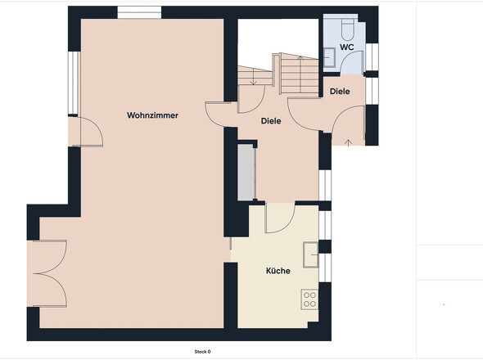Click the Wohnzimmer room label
click(152, 115)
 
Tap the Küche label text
click(278, 271)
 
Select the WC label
click(347, 47)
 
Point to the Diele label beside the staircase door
click(271, 121)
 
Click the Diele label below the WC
click(340, 91)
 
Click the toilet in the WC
click(345, 30)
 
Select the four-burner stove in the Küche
click(309, 299)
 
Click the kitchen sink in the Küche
click(311, 254)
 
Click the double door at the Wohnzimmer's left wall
click(48, 273)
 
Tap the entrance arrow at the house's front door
click(350, 144)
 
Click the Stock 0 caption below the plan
click(202, 351)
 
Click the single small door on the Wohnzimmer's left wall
click(87, 131)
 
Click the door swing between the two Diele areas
click(305, 113)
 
